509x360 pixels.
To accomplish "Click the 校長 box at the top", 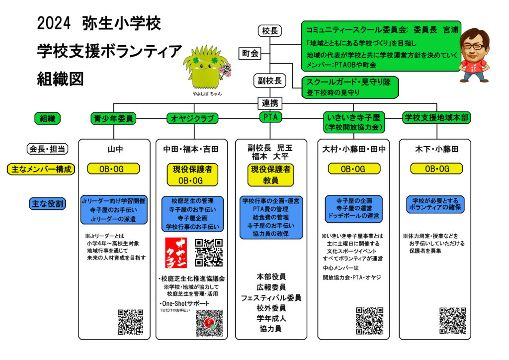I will pyautogui.click(x=269, y=31).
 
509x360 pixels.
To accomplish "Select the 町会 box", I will pyautogui.click(x=250, y=53).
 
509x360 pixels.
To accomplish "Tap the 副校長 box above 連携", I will pyautogui.click(x=269, y=80).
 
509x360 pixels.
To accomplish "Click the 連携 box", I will pyautogui.click(x=269, y=103).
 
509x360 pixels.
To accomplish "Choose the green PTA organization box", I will pyautogui.click(x=269, y=117).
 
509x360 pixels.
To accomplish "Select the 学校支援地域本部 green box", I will pyautogui.click(x=437, y=117).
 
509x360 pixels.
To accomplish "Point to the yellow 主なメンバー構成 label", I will pyautogui.click(x=41, y=169).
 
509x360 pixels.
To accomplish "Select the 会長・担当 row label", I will pyautogui.click(x=47, y=149).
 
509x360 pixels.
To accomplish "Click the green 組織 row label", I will pyautogui.click(x=47, y=118).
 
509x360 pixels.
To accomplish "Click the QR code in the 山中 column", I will pyautogui.click(x=131, y=322).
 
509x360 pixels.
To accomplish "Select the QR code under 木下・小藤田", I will pyautogui.click(x=452, y=320).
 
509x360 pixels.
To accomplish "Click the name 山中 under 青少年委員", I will pyautogui.click(x=114, y=149).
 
